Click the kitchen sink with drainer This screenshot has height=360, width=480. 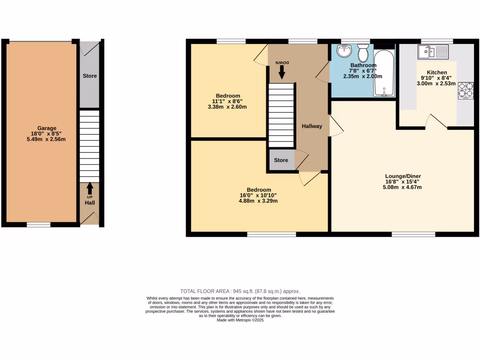click(x=434, y=52)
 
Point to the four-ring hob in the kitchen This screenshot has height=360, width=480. click(x=466, y=90)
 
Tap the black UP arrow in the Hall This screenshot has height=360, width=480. click(x=90, y=188)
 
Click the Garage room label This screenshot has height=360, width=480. click(x=47, y=128)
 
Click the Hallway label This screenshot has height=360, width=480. click(x=312, y=126)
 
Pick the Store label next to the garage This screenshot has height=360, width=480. click(x=90, y=76)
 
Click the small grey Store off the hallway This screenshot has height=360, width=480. click(x=281, y=160)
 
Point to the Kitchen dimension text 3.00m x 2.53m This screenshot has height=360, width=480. click(x=436, y=84)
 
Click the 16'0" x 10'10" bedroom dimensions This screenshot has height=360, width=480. click(x=258, y=195)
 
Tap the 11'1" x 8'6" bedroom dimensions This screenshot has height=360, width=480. click(x=228, y=101)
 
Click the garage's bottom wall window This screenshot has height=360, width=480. click(x=38, y=225)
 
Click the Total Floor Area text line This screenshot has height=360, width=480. click(x=240, y=291)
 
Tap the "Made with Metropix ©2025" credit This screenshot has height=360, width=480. click(x=240, y=320)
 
